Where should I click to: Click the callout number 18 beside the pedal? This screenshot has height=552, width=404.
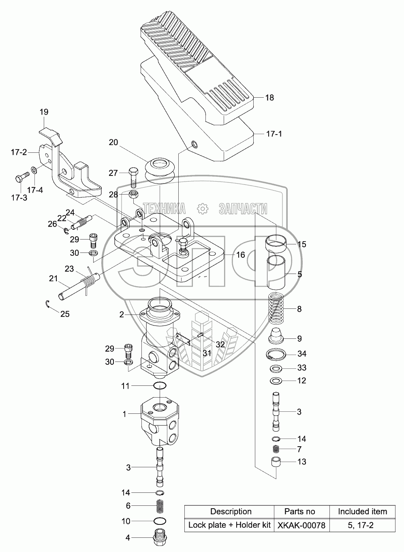[x=269, y=98]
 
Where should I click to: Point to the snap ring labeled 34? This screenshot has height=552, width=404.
[x=278, y=355]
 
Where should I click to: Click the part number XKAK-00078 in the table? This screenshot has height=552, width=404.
[x=301, y=525]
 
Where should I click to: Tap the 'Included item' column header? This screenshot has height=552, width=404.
[x=362, y=511]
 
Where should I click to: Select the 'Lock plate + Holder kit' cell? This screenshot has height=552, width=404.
[x=229, y=525]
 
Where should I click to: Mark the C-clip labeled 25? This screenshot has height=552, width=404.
[x=47, y=305]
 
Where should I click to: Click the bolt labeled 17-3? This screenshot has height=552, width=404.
[x=22, y=177]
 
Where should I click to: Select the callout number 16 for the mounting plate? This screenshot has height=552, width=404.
[x=241, y=255]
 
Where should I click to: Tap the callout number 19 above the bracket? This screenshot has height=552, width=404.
[x=44, y=112]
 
